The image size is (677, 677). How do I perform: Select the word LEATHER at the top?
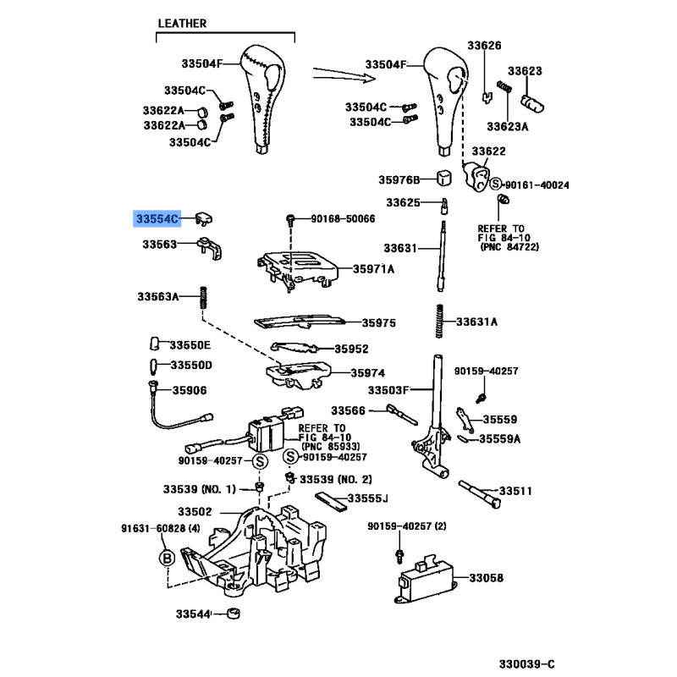pos(181,25)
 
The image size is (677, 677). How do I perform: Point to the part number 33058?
pos(487,579)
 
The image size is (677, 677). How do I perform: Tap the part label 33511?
pos(515,491)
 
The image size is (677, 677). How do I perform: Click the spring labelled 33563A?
pos(203,297)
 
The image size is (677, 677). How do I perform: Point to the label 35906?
pos(190,390)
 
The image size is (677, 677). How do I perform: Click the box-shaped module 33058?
pos(427,578)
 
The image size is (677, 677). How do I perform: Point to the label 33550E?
pos(190,345)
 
